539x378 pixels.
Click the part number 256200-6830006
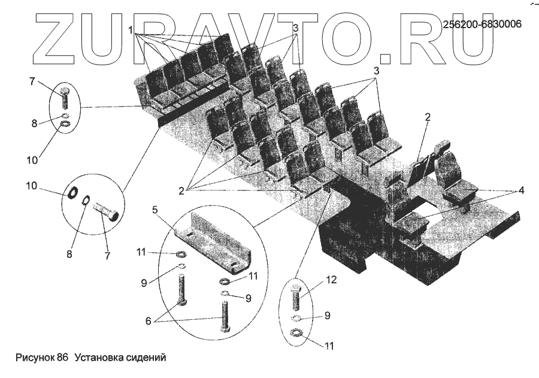point(482,25)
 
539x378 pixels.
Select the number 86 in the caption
point(63,358)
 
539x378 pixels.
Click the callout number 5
point(155,210)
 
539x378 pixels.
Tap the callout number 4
point(521,190)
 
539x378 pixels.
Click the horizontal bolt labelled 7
point(107,211)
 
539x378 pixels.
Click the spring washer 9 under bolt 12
point(296,318)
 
